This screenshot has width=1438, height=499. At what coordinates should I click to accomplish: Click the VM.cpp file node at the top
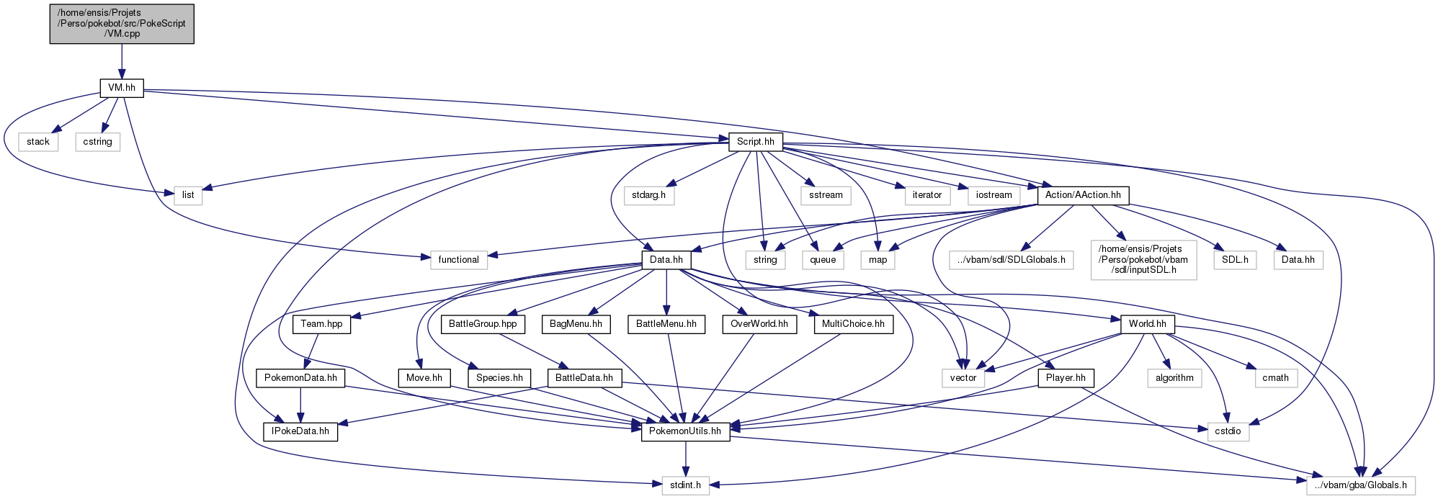click(122, 24)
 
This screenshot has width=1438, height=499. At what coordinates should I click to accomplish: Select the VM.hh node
click(122, 89)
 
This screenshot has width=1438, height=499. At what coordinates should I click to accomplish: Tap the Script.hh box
click(756, 142)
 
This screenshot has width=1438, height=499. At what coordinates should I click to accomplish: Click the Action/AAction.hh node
click(1083, 195)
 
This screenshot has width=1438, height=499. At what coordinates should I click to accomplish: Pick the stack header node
click(38, 142)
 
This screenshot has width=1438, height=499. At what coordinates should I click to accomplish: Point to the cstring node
click(97, 142)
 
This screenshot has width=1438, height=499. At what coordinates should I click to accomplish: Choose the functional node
click(458, 260)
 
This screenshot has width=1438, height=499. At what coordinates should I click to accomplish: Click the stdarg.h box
click(648, 195)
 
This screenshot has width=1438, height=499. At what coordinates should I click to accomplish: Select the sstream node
click(826, 195)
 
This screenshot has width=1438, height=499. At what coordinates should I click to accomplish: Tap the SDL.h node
click(1236, 260)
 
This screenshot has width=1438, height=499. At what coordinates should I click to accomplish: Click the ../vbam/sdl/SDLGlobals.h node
click(1011, 260)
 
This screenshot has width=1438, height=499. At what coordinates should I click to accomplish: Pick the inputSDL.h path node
click(1144, 259)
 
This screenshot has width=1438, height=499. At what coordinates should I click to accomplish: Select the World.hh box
click(1148, 324)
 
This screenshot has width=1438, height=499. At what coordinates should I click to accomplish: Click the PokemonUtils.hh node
click(685, 432)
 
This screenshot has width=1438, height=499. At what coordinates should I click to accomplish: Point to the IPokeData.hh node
click(300, 432)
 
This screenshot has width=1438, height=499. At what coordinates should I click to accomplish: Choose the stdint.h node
click(685, 485)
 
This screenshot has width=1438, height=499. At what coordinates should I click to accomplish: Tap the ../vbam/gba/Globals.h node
click(1361, 485)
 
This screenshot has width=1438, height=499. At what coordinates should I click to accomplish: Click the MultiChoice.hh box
click(853, 324)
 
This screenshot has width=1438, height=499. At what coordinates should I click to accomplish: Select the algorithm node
click(1174, 378)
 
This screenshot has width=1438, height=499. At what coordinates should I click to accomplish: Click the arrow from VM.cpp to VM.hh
click(122, 62)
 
